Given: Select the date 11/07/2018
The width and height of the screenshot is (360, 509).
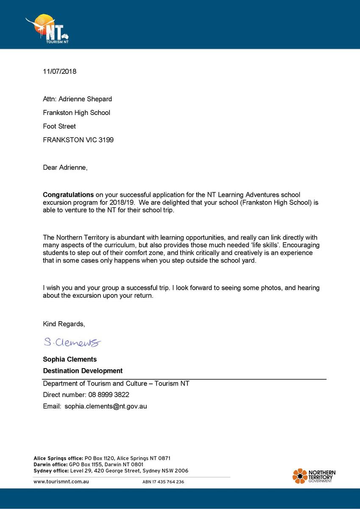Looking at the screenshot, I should [59, 71].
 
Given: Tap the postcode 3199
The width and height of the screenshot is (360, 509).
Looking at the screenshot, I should [106, 140].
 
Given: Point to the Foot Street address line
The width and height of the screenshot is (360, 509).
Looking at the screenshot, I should [59, 126].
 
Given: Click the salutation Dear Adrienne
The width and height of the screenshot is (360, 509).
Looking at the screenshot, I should [65, 167].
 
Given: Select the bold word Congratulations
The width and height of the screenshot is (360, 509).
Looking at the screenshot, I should [68, 195].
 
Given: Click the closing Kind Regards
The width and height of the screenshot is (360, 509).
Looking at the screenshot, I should [64, 324].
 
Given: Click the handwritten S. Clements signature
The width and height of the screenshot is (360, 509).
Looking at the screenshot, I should [72, 342].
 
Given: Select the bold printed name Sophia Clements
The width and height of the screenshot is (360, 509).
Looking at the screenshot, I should [70, 359].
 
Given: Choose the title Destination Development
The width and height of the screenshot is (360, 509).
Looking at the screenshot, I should [83, 371].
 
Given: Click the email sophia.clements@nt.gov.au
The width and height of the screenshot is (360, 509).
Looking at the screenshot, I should [106, 406].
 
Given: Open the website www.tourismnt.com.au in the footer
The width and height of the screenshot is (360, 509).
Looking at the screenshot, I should [61, 481].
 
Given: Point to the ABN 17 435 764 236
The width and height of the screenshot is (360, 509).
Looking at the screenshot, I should [163, 482].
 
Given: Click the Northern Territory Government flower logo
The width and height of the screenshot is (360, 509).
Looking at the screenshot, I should [300, 476].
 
